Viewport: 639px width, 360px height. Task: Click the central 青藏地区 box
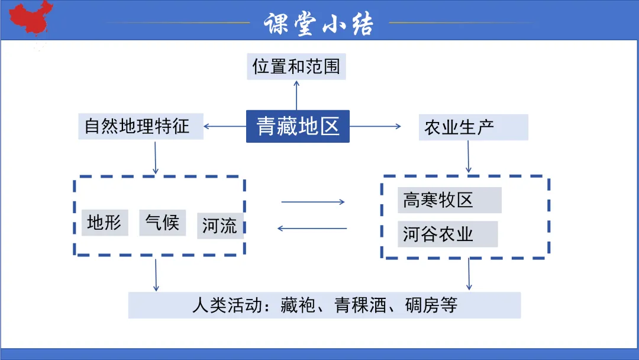click(x=298, y=126)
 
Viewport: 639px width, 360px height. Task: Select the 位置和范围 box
click(x=296, y=66)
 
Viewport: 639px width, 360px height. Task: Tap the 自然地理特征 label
click(x=140, y=127)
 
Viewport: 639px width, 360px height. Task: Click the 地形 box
click(x=105, y=223)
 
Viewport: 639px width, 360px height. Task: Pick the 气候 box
click(x=162, y=223)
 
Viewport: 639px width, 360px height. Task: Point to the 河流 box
click(x=220, y=226)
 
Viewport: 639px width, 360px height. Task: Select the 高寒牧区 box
click(x=449, y=200)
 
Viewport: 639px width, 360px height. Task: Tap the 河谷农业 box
click(x=447, y=234)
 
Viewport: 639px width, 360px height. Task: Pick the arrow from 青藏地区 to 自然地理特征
click(x=225, y=126)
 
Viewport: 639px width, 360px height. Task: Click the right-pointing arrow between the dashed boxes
click(x=313, y=202)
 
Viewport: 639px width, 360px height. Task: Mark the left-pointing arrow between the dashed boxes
click(x=312, y=228)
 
